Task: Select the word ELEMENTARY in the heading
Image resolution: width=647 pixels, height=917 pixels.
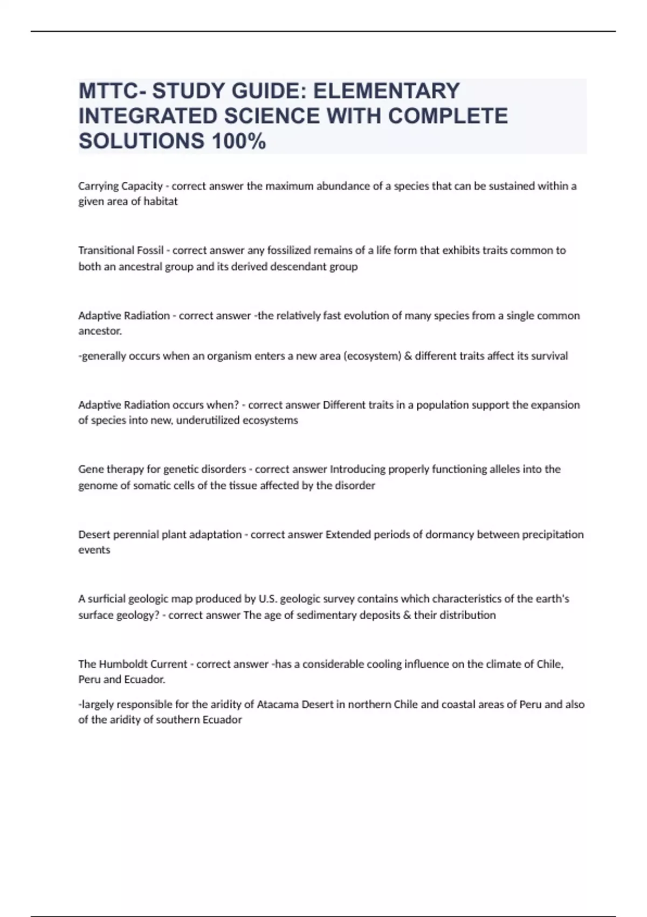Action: coord(387,91)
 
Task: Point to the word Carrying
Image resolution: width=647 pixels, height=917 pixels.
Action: coord(98,186)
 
